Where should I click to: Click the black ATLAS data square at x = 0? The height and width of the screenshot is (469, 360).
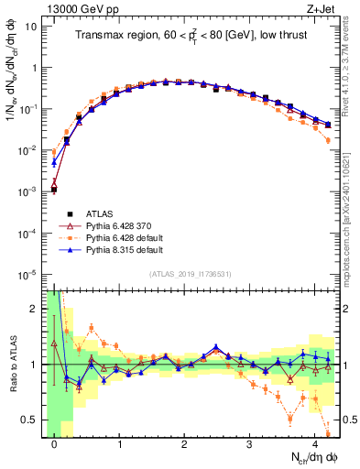click(54, 190)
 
